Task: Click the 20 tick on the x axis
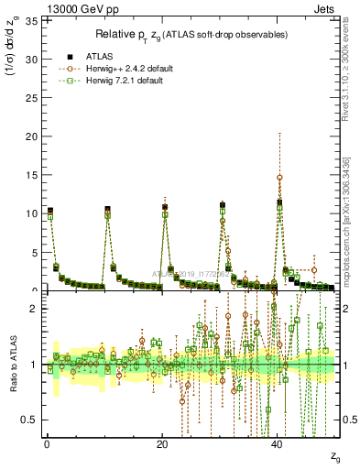point(162,444)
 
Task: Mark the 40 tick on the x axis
point(278,444)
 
